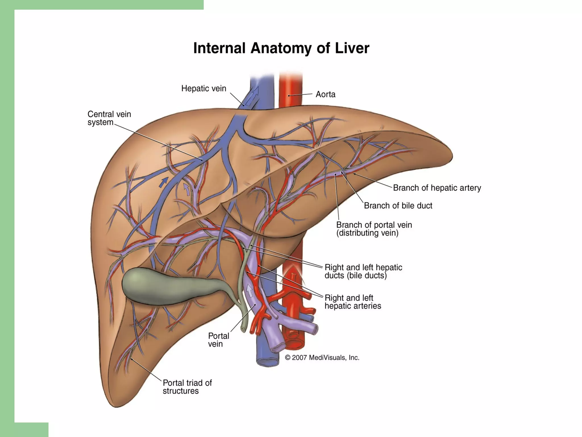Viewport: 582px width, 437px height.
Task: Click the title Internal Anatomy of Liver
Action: [281, 48]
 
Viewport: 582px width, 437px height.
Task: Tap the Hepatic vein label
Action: [203, 88]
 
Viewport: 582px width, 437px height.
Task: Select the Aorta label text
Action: [325, 94]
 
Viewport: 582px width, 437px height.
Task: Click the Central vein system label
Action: [109, 118]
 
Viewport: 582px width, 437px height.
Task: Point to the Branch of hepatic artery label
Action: [437, 188]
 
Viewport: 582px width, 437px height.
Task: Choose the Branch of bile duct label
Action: [398, 205]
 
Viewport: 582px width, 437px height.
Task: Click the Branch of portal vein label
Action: [374, 229]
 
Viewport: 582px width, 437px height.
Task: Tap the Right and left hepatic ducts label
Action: [363, 271]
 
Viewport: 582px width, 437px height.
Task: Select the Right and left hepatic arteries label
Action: [353, 302]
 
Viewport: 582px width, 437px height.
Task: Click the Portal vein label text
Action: [218, 340]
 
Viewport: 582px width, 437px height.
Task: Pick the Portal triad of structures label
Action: [187, 387]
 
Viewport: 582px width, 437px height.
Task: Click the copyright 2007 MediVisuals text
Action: [322, 358]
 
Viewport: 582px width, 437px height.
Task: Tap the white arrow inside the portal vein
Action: [250, 290]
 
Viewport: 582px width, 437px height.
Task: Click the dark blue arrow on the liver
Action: [163, 182]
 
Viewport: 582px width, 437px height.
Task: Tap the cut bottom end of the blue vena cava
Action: [267, 361]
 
